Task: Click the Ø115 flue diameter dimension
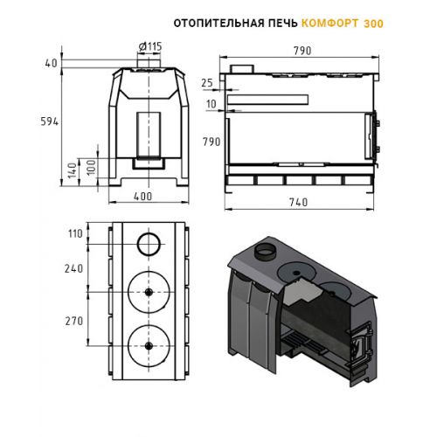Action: (x=150, y=46)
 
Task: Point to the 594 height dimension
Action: (x=50, y=121)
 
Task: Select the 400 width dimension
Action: (x=142, y=197)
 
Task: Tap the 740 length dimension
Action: (x=299, y=202)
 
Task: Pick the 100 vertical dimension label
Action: (x=92, y=167)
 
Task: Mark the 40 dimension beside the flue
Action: (x=52, y=63)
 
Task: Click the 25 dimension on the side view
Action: (x=207, y=83)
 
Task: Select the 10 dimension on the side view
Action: (x=212, y=104)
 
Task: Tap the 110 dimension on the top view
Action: (x=75, y=233)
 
